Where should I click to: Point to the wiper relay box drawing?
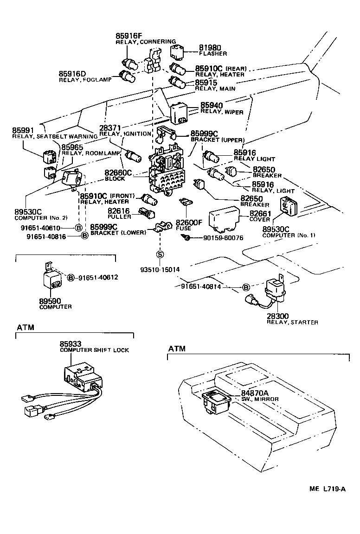pyautogui.click(x=179, y=113)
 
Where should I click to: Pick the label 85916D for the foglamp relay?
pyautogui.click(x=72, y=74)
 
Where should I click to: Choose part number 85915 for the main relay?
pyautogui.click(x=206, y=83)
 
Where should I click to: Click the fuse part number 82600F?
pyautogui.click(x=189, y=223)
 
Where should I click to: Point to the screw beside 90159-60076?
pyautogui.click(x=186, y=238)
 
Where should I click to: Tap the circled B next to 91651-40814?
pyautogui.click(x=246, y=287)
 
